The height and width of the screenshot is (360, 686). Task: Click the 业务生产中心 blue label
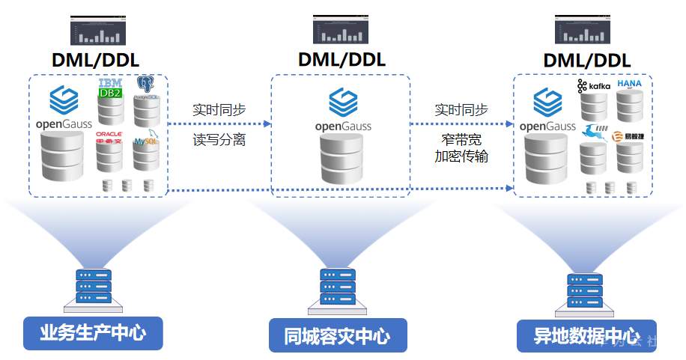tap(93, 333)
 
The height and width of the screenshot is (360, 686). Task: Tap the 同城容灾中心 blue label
tap(338, 335)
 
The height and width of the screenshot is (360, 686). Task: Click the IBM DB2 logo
tap(110, 88)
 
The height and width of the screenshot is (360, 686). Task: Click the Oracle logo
tap(109, 137)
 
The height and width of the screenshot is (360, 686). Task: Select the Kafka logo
tap(594, 87)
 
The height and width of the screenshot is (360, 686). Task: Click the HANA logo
tap(629, 84)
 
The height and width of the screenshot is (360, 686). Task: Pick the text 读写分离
tap(219, 140)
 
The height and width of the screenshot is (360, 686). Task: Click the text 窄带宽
tap(461, 140)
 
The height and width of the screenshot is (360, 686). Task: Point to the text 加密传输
tap(461, 156)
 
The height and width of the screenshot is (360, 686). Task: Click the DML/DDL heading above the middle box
tap(342, 59)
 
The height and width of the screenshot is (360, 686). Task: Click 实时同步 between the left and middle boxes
tap(219, 109)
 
